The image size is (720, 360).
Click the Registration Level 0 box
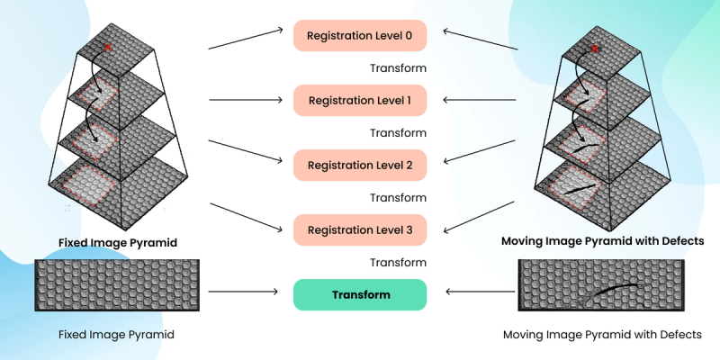pyautogui.click(x=359, y=36)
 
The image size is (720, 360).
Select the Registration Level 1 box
pyautogui.click(x=359, y=101)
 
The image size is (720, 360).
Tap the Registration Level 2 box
pyautogui.click(x=359, y=166)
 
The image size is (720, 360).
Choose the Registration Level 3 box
pyautogui.click(x=359, y=230)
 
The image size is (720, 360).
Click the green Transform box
pyautogui.click(x=359, y=294)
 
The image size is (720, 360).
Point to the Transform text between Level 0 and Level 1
pyautogui.click(x=398, y=68)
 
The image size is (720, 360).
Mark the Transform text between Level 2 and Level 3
pyautogui.click(x=398, y=198)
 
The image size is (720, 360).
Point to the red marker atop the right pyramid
pyautogui.click(x=595, y=48)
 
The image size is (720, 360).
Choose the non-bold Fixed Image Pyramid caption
pyautogui.click(x=116, y=335)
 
